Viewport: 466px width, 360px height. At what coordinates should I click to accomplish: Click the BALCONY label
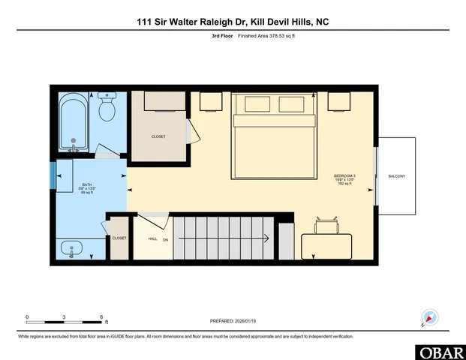click(396, 176)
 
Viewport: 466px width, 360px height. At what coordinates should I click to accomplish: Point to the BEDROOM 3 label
click(344, 176)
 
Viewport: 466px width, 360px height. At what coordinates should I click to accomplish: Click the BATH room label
click(87, 184)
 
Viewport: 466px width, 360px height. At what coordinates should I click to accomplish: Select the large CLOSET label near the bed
click(158, 136)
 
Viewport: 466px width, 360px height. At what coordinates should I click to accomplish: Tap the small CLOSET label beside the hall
click(119, 238)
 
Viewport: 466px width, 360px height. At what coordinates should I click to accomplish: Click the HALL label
click(152, 238)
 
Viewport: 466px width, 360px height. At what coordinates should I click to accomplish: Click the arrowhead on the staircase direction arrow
click(266, 238)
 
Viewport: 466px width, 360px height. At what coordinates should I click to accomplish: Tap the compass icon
click(430, 318)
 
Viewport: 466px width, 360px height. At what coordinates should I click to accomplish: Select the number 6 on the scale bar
click(101, 317)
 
